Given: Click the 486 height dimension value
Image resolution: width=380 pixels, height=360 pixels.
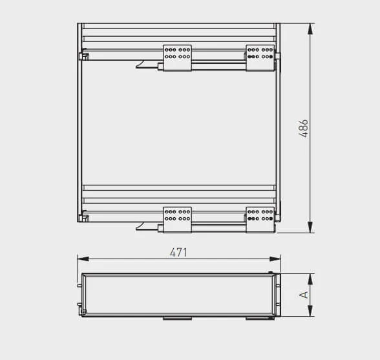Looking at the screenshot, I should point(304,128).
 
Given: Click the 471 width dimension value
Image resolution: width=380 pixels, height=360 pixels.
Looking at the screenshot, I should point(178,253).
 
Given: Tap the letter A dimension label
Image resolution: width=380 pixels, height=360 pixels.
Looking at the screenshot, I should point(303,295).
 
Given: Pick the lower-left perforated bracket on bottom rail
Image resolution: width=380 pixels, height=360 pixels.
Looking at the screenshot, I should point(177,216).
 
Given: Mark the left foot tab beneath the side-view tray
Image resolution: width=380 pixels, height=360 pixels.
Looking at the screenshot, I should point(176,318).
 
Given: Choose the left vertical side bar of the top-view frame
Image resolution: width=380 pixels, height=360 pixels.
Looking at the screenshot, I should point(79,129).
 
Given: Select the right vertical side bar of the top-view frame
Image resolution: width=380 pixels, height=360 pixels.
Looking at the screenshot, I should point(278,129).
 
